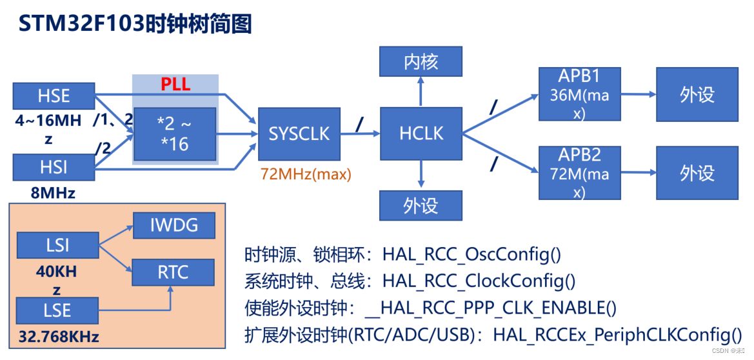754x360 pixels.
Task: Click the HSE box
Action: coord(54,96)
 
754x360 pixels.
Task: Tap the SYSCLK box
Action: coord(299,134)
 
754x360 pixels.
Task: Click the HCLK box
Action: coord(421,134)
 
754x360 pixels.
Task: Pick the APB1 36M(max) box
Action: coord(579,95)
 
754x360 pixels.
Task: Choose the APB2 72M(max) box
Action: coord(579,173)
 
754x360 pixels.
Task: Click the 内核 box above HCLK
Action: coord(421,61)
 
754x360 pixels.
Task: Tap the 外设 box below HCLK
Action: coord(421,206)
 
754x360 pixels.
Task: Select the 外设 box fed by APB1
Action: coord(697,95)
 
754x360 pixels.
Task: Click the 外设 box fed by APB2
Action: coord(697,173)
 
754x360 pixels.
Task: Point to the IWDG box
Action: coord(174,226)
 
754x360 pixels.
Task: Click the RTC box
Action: coord(174,273)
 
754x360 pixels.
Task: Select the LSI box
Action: coord(57,246)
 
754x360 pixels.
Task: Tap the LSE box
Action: coord(57,310)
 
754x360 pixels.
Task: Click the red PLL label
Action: coord(175,85)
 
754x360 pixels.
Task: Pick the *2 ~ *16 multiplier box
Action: coord(175,134)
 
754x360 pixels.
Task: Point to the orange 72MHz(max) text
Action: coord(306,174)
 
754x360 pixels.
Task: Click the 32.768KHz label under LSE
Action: coord(59,337)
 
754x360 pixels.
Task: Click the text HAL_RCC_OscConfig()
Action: coord(471,254)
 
